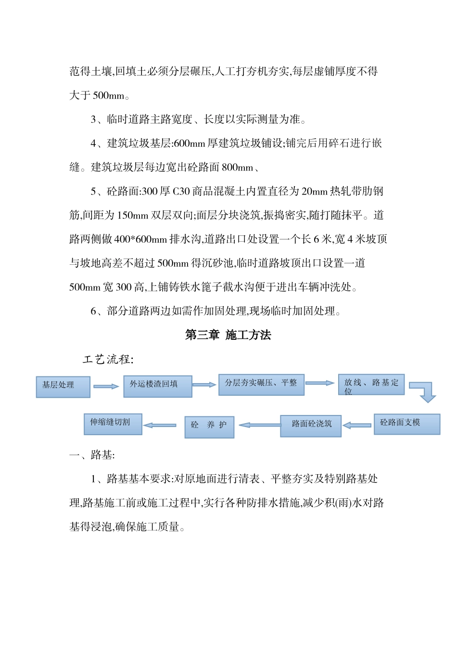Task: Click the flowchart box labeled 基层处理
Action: (x=63, y=387)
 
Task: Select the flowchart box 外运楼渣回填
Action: (x=158, y=386)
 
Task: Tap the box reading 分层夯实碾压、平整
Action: (x=261, y=385)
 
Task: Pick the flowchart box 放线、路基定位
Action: (x=371, y=385)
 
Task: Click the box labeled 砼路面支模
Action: (x=406, y=424)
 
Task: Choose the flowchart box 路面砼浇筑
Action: (x=311, y=426)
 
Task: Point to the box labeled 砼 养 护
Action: (x=209, y=427)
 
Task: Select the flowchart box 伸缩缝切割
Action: (x=113, y=424)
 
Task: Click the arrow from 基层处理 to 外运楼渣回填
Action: (x=106, y=386)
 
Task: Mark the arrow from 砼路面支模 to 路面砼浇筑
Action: (x=357, y=425)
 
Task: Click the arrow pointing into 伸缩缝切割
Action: (x=160, y=425)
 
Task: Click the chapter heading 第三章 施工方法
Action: (x=228, y=335)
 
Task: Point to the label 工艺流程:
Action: (x=108, y=359)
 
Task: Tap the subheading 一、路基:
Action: (x=92, y=455)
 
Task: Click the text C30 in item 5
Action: (x=181, y=191)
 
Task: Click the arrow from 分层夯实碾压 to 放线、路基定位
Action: (x=320, y=383)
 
